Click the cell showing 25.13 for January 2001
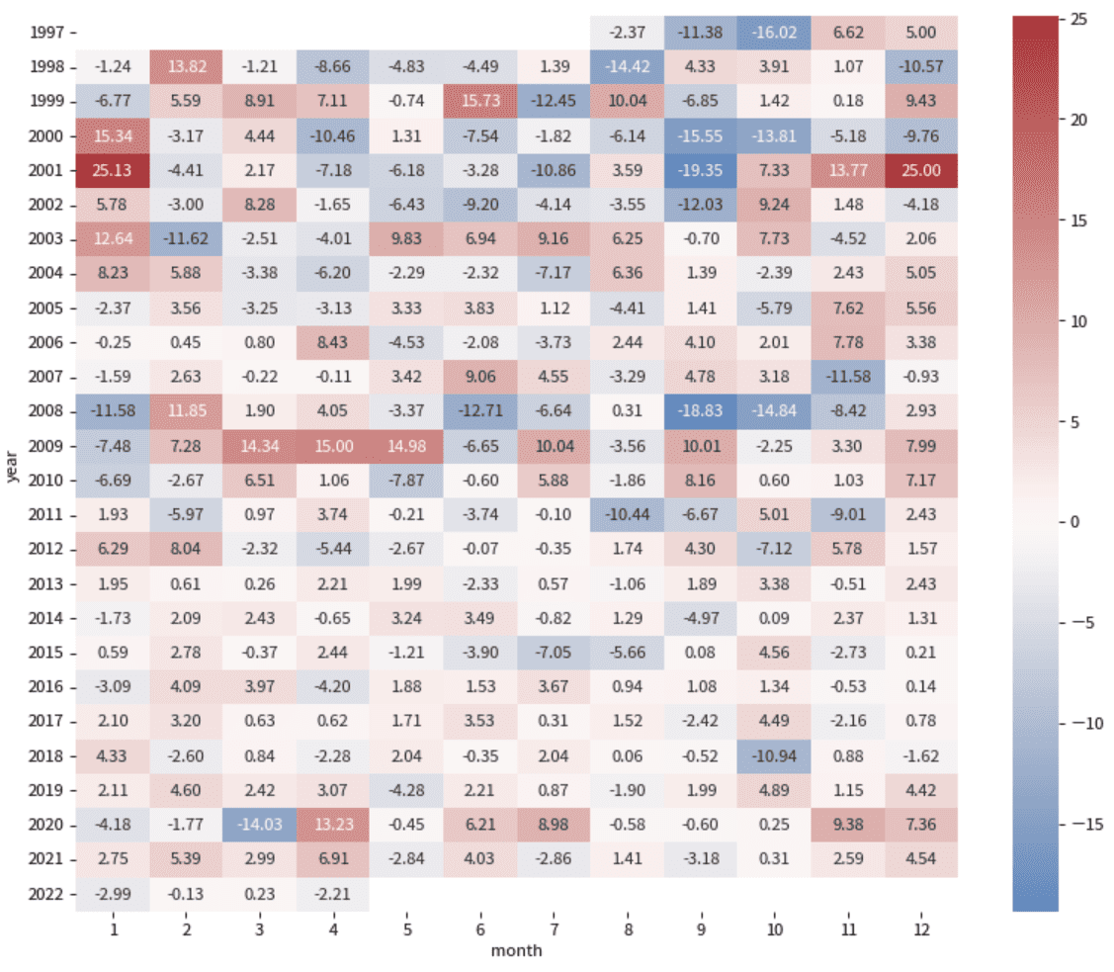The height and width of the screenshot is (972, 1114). [113, 170]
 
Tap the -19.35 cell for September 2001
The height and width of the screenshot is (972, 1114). [701, 170]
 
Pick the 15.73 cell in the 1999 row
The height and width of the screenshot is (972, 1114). [480, 101]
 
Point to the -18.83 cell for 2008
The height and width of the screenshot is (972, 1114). [701, 411]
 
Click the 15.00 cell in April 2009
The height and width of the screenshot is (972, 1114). [333, 446]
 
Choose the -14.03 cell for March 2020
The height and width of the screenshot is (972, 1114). [260, 825]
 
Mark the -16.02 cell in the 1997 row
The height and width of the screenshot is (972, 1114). [774, 33]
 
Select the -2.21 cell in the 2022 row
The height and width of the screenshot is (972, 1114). [333, 894]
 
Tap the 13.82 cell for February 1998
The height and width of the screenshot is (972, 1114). [186, 66]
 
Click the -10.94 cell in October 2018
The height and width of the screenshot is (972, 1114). [774, 756]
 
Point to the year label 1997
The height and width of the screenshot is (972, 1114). [45, 33]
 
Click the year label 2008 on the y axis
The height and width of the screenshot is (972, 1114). [45, 411]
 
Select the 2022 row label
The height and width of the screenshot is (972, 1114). [45, 894]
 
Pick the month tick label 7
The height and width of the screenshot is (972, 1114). [554, 931]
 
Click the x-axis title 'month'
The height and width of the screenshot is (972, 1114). [517, 951]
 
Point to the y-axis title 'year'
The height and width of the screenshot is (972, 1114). [13, 463]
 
